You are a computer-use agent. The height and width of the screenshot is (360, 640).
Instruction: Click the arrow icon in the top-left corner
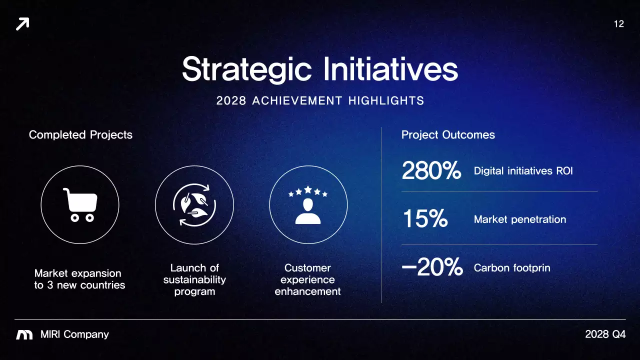tap(22, 23)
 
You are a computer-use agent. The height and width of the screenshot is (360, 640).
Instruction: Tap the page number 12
tap(618, 24)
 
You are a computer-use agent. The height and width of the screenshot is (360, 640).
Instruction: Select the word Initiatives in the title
tap(390, 69)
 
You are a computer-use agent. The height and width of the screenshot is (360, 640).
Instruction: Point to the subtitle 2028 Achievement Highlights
tap(320, 100)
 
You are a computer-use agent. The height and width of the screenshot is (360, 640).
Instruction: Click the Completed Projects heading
tap(80, 135)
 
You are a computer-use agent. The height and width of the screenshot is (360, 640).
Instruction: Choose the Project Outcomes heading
tap(448, 135)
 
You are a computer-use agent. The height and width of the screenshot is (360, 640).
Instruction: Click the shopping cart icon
tap(80, 204)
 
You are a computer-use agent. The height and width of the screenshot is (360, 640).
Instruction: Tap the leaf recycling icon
tap(194, 204)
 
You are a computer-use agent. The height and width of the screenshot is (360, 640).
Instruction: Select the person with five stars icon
tap(308, 204)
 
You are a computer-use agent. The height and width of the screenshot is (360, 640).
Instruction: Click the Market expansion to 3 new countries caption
tap(80, 279)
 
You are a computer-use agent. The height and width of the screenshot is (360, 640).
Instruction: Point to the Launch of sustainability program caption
tap(194, 279)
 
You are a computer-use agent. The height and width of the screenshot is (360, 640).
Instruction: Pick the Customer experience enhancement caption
tap(308, 279)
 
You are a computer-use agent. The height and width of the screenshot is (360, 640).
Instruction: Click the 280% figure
tap(431, 171)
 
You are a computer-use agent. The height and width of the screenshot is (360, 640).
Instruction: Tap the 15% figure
tap(425, 219)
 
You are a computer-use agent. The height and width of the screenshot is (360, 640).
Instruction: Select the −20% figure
tap(432, 268)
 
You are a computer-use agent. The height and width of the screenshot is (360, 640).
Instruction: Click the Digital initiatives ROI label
tap(523, 171)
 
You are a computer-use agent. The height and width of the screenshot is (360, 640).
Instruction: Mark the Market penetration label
tap(520, 219)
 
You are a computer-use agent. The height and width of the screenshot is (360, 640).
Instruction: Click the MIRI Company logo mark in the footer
tap(24, 334)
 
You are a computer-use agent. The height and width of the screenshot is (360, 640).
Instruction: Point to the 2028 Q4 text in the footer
tap(605, 334)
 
